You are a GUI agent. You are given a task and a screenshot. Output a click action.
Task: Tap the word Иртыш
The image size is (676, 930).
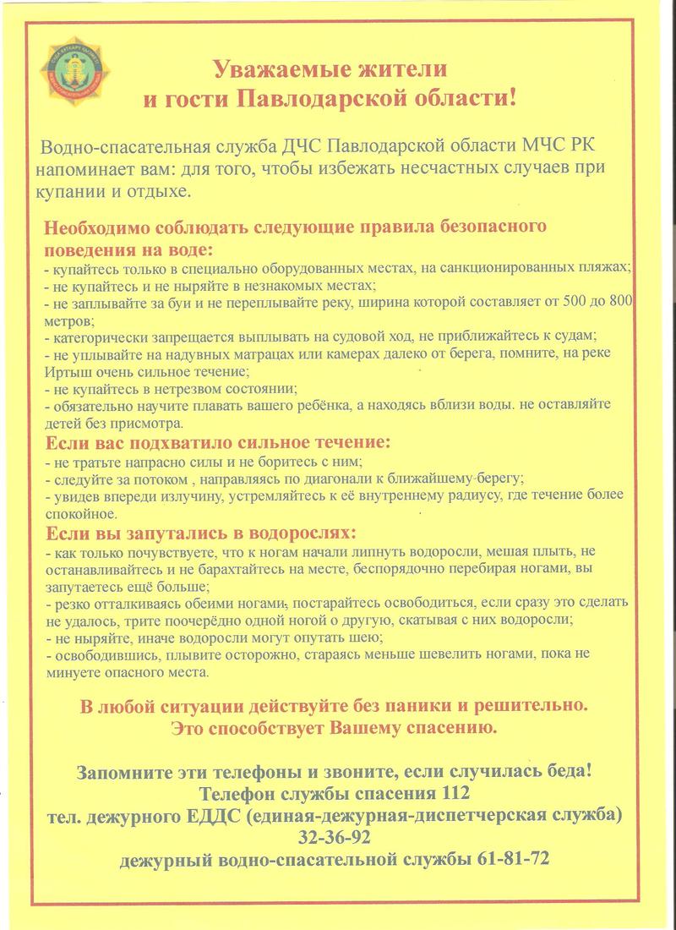tap(65, 370)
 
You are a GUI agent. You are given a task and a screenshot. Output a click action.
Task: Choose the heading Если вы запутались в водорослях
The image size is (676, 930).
tap(199, 533)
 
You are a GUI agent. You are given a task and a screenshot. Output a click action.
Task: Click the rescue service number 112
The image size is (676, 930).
tap(450, 795)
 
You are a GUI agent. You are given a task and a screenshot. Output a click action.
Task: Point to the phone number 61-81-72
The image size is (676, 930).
tap(519, 860)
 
